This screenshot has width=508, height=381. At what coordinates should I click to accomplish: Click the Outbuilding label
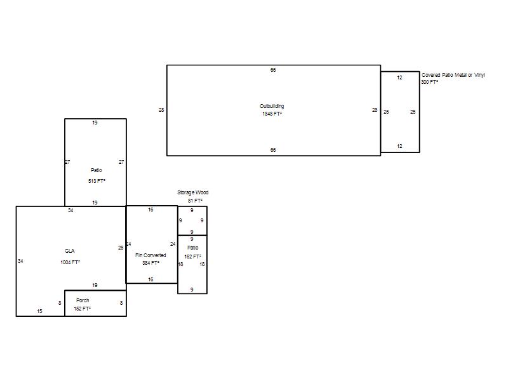pos(272,106)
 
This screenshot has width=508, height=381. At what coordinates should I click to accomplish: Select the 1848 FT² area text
pos(272,114)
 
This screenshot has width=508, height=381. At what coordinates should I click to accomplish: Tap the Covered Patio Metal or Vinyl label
pos(453,75)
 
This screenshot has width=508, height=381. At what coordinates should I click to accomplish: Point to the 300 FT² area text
pos(430,82)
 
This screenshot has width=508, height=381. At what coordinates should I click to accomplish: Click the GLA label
pos(70,251)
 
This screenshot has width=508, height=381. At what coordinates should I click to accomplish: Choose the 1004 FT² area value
pos(70,262)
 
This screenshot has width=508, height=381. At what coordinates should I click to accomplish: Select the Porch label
pos(83,300)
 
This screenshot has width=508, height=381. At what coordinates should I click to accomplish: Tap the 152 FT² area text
pos(83,309)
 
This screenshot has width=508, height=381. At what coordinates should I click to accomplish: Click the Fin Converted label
pos(150,255)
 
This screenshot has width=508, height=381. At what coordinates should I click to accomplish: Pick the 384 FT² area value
pos(150,263)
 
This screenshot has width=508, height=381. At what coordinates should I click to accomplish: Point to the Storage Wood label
pos(193,192)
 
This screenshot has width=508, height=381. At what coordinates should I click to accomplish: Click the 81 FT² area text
pos(195,201)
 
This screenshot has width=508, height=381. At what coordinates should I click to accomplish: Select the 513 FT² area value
pos(97,181)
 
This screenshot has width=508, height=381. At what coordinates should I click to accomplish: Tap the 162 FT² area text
pos(193,257)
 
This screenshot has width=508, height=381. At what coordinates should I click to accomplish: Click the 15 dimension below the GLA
pos(39,311)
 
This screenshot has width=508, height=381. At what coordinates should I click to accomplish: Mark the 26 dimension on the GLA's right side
pos(121,248)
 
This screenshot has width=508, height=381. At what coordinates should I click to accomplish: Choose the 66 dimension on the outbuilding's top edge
pos(273,70)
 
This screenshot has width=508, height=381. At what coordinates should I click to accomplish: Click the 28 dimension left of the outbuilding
pos(161,110)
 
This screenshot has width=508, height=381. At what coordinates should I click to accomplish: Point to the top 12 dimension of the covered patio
pos(400,77)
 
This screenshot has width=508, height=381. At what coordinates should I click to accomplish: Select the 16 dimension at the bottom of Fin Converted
pos(150,279)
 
